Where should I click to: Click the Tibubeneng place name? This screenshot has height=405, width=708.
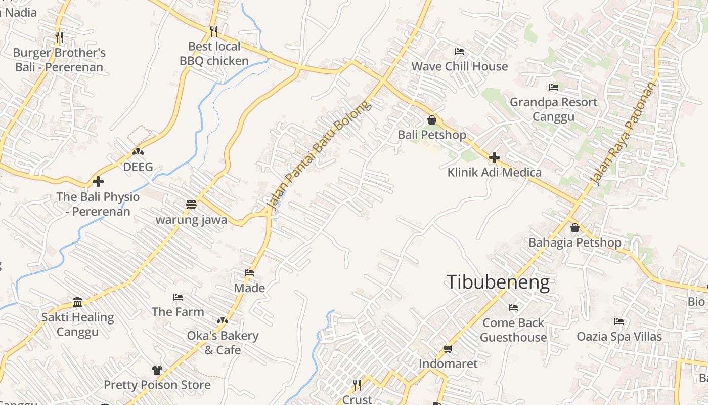[498, 282]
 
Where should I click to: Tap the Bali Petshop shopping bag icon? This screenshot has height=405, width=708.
[432, 120]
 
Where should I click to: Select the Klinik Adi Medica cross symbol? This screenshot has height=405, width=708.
[495, 157]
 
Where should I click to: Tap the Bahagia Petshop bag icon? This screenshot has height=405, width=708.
[574, 228]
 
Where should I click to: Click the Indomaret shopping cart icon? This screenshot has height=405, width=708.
[448, 349]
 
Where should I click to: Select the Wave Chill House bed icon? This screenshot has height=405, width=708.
[459, 52]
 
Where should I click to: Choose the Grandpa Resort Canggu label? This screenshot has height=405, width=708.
[553, 109]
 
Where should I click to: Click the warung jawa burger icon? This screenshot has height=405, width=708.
[191, 205]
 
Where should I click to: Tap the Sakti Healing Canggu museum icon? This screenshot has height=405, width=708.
[77, 302]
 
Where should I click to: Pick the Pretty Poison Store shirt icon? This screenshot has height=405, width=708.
[157, 370]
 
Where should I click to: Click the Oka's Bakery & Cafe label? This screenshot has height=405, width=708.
[223, 343]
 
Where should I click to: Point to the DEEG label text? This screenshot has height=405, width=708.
[138, 167]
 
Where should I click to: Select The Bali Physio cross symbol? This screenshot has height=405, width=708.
[98, 181]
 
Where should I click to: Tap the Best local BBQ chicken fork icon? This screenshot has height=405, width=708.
[214, 31]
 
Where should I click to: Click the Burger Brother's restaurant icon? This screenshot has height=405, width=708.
[59, 37]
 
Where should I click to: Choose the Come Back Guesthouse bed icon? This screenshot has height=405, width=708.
[513, 307]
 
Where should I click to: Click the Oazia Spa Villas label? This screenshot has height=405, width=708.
[619, 337]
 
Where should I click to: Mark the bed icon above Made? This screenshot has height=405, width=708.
[249, 272]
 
